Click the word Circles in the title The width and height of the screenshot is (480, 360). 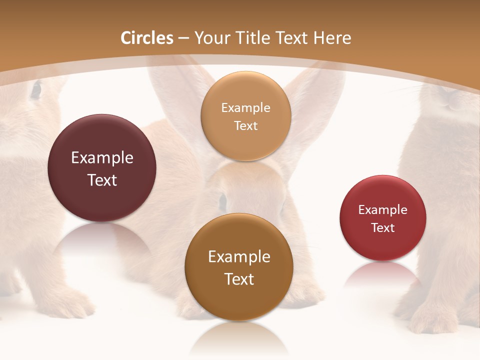point(147,38)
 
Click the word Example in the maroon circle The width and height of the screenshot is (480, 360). point(102,158)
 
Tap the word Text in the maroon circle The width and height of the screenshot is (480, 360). point(102,180)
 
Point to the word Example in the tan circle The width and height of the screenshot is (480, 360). point(246,108)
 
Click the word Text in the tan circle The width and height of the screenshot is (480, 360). point(246,126)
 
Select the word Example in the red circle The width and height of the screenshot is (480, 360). point(383,210)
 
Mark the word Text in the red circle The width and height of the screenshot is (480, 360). point(383,228)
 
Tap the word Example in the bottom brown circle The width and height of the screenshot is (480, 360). point(239,257)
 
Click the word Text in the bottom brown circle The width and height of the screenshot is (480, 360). point(239,279)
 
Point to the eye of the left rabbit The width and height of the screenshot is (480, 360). point(36,90)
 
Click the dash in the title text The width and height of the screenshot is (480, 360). point(183,38)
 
